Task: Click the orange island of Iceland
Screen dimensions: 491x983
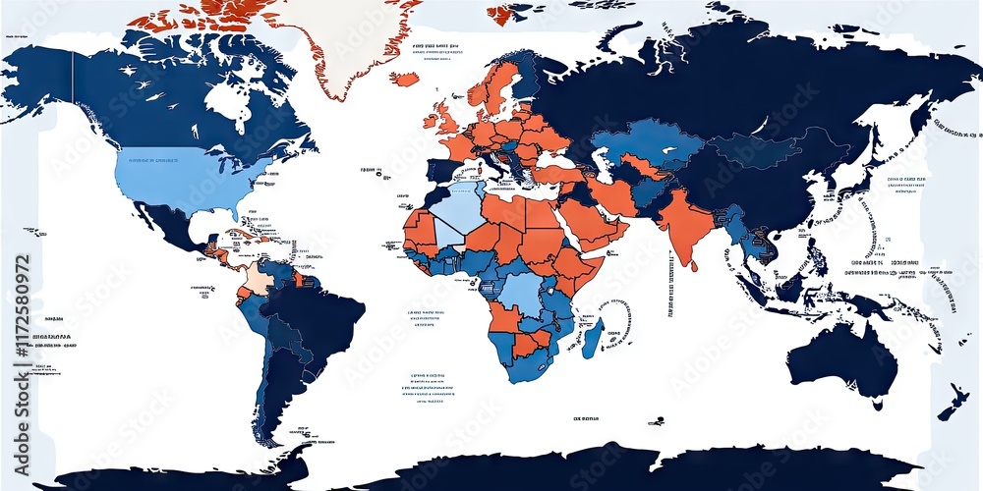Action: tap(404, 79)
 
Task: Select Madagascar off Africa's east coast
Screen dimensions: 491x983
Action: tap(594, 337)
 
